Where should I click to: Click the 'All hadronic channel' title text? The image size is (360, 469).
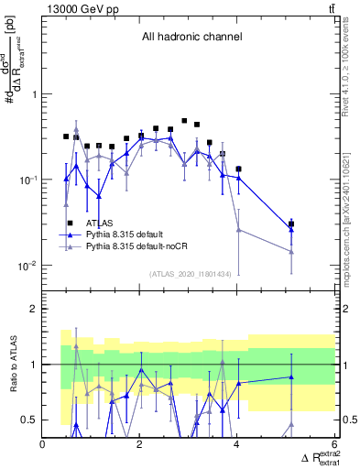point(191,37)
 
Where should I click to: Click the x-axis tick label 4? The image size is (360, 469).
point(237,444)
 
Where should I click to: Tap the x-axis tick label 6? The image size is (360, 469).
point(334,444)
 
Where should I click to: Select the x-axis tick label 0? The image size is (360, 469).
point(43,444)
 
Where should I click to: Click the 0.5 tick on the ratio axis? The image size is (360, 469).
point(30,420)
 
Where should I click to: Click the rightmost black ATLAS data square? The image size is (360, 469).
point(291,224)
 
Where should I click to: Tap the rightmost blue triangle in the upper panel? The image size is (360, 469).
point(291,228)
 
